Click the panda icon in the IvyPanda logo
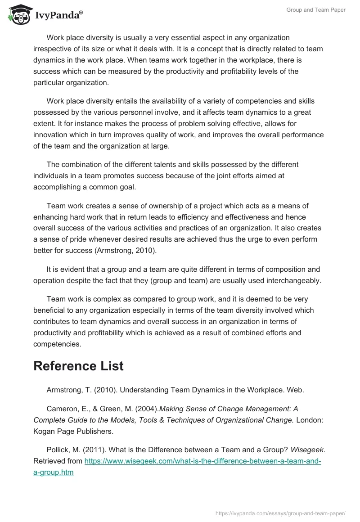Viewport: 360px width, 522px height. pyautogui.click(x=17, y=13)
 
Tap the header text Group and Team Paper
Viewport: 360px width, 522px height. pyautogui.click(x=315, y=10)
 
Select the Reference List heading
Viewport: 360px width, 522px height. pyautogui.click(x=78, y=366)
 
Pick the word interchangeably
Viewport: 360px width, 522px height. pyautogui.click(x=294, y=280)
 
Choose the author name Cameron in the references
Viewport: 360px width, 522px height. pyautogui.click(x=62, y=409)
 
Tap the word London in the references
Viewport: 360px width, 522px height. pyautogui.click(x=310, y=420)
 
